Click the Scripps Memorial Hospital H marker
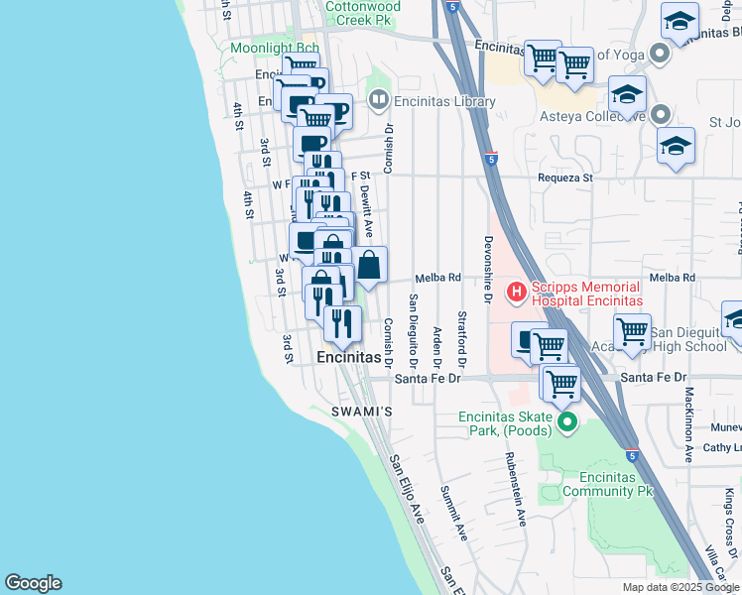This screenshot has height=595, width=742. [516, 292]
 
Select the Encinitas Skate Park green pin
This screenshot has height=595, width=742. [567, 424]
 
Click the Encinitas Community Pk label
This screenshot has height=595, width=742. [610, 484]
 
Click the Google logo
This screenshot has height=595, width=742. [33, 583]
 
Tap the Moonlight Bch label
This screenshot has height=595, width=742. [275, 48]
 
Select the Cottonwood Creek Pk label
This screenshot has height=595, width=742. [363, 13]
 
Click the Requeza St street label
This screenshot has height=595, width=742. [564, 178]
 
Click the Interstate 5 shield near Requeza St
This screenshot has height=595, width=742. [492, 159]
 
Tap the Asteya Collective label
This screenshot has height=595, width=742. [587, 115]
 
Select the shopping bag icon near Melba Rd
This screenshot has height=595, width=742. [369, 266]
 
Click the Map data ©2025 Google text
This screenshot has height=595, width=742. [680, 587]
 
